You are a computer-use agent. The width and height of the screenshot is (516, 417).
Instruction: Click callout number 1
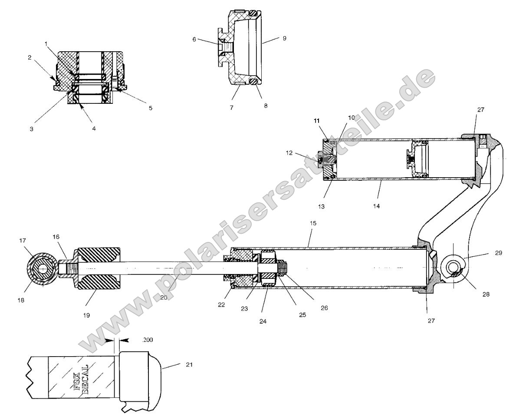pos(46,44)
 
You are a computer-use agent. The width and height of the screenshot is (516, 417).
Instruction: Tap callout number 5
pos(151,108)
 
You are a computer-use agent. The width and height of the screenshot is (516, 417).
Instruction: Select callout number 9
pos(284,38)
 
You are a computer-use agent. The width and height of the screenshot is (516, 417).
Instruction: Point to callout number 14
pos(376,206)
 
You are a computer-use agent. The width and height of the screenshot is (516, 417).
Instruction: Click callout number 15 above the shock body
pos(313,223)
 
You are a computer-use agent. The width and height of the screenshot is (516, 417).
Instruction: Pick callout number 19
pos(86,315)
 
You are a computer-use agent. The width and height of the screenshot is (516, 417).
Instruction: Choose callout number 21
pos(189,364)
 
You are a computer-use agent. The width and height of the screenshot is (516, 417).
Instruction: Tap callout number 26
pos(325,308)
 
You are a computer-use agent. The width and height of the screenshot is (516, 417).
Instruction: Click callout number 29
pos(499,253)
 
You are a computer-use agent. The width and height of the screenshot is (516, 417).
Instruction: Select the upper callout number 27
pos(481,110)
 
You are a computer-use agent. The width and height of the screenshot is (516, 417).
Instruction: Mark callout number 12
pos(289,153)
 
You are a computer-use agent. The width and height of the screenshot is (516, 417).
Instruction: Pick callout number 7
pos(232,108)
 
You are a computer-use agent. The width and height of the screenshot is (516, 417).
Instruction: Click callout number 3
pos(32,129)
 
